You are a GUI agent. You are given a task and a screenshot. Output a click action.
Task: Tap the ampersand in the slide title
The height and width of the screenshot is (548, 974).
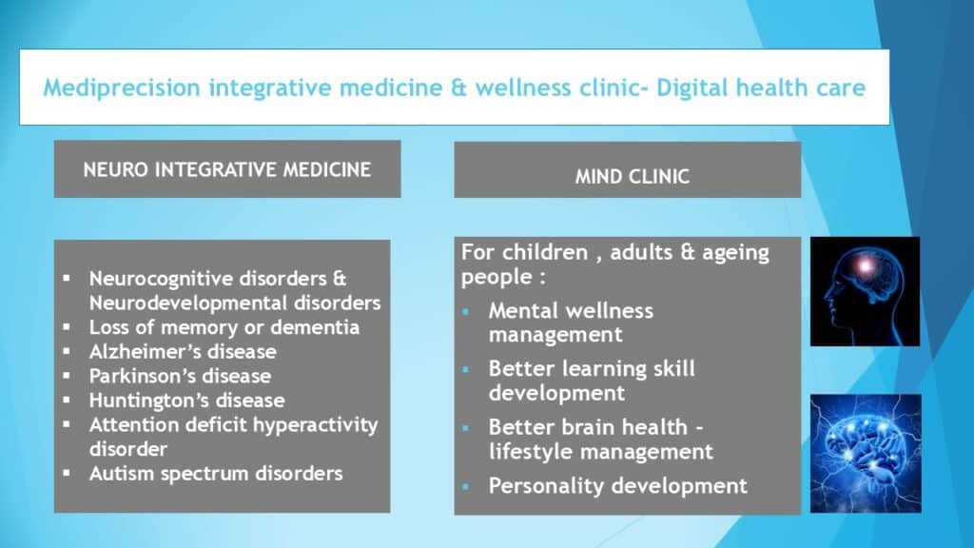click(459, 88)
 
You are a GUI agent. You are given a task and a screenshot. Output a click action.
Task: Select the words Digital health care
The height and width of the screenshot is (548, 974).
click(761, 88)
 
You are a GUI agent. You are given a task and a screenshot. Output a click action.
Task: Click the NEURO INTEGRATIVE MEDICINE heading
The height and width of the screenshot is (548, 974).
click(226, 169)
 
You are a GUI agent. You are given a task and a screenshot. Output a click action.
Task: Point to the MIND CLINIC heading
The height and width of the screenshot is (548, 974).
click(633, 176)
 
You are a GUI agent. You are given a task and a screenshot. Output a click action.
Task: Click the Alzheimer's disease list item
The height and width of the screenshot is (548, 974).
click(183, 352)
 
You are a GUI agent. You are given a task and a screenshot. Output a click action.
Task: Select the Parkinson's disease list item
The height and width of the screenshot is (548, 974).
click(180, 376)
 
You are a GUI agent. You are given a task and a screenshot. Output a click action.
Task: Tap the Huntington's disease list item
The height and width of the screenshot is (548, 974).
click(187, 401)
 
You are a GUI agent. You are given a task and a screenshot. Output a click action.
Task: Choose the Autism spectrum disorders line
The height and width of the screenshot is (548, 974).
click(216, 474)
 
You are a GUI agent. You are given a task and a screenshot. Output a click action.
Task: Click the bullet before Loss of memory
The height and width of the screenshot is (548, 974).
click(67, 327)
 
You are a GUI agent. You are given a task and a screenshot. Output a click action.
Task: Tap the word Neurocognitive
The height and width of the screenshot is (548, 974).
click(160, 279)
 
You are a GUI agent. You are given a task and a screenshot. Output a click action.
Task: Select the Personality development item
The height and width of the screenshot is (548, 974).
click(617, 486)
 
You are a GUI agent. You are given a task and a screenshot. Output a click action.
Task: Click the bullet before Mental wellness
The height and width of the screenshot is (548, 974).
click(466, 311)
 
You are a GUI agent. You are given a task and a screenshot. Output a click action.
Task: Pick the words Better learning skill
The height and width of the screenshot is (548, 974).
click(592, 369)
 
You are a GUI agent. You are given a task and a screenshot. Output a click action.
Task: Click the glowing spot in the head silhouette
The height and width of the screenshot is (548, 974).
click(864, 266)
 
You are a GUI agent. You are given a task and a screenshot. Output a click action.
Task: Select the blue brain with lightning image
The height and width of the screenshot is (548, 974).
click(866, 454)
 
